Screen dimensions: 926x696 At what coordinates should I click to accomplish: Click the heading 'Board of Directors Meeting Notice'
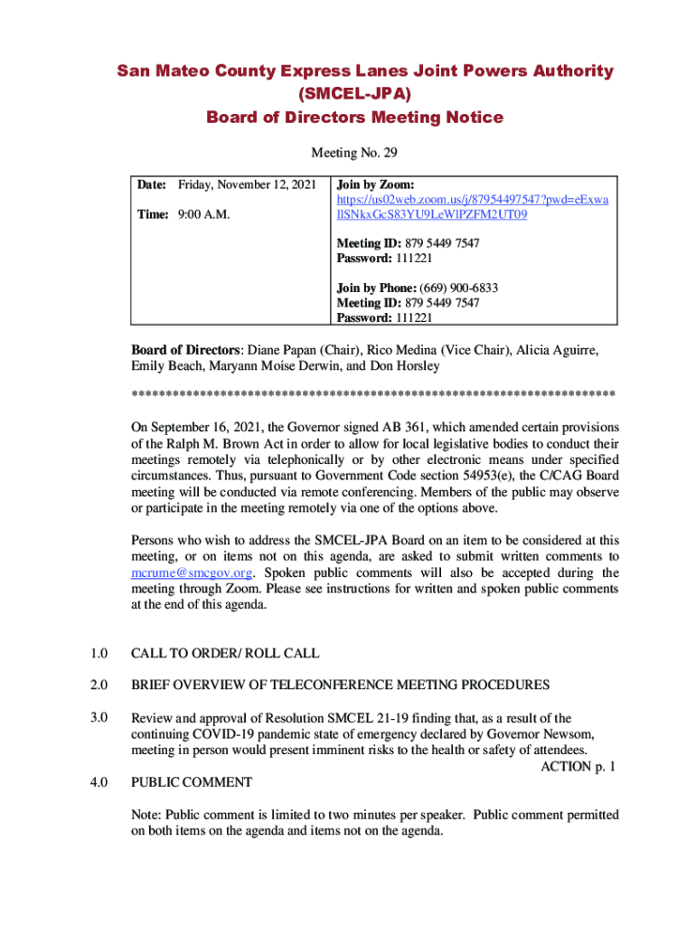pos(354,118)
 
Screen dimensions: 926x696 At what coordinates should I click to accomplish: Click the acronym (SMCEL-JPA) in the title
pos(354,94)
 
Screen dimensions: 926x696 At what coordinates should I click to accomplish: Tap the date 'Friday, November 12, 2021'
pos(247,184)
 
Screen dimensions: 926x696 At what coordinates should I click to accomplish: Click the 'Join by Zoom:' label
pos(375,184)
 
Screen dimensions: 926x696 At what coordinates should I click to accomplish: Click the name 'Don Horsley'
pos(404,366)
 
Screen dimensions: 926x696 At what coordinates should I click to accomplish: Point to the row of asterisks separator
pos(373,395)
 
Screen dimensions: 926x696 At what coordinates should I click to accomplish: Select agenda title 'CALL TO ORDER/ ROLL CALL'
pos(225,653)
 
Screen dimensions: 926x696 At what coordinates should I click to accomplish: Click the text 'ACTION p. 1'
pos(578,767)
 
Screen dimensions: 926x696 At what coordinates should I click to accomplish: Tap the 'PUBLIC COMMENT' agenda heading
pos(192,782)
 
